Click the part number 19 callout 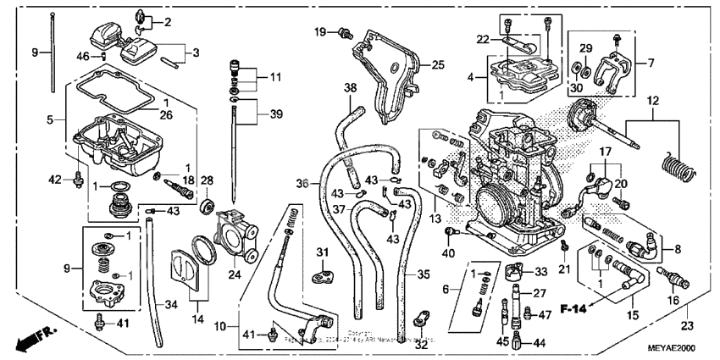point(320,31)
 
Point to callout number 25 point(437,64)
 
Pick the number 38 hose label point(349,87)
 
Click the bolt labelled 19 point(345,33)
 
